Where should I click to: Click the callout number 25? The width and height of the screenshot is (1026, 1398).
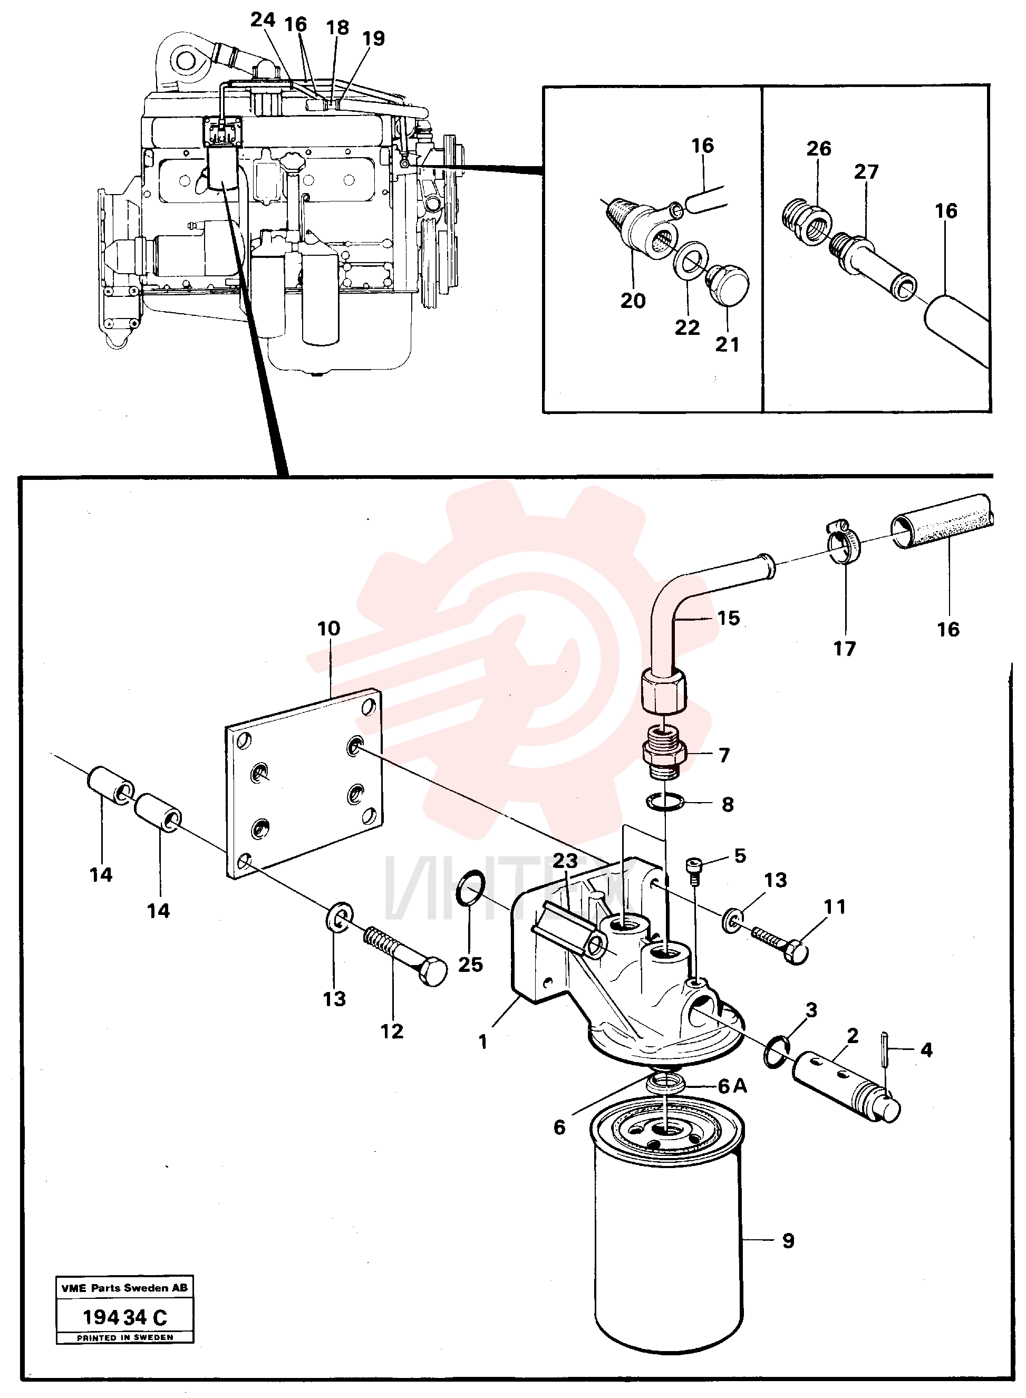tap(470, 964)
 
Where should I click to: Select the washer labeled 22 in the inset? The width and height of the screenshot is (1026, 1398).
tap(688, 258)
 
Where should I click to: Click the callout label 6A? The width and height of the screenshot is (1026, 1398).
tap(732, 1086)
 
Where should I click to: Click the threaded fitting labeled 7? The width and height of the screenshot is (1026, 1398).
tap(663, 755)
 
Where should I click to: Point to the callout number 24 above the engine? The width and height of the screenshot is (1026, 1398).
tap(263, 20)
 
